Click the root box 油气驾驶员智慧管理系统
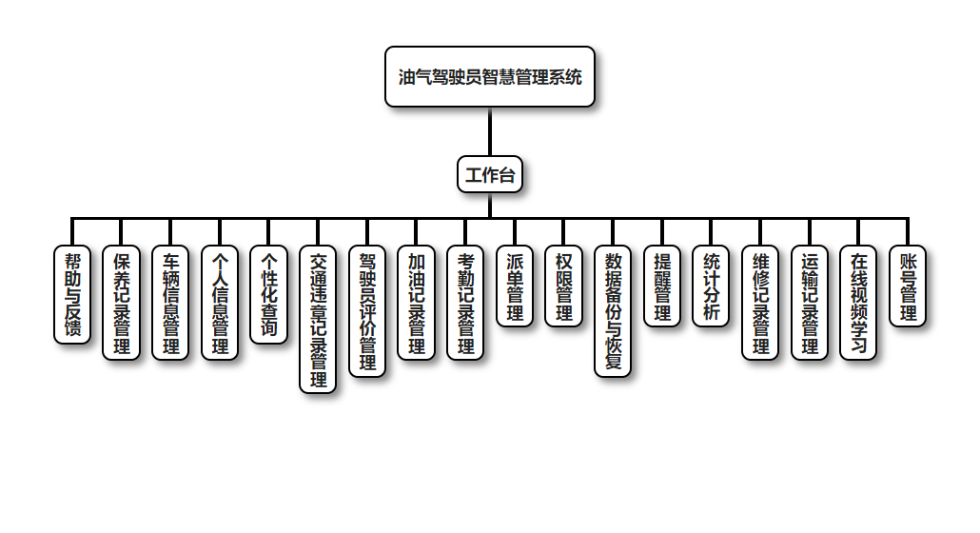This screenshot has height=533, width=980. (x=490, y=77)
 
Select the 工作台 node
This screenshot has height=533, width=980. (x=490, y=174)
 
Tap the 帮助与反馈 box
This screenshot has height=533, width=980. (x=72, y=294)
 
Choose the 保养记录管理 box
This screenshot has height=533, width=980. (x=122, y=302)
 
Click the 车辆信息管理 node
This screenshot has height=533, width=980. (x=171, y=302)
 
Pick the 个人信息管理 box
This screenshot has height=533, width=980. (x=220, y=302)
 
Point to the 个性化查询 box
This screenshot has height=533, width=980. (x=269, y=294)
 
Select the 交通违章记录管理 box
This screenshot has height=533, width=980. (x=318, y=319)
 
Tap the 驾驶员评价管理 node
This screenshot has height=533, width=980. (x=367, y=310)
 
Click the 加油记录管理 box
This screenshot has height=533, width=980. (x=417, y=302)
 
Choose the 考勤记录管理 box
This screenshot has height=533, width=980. (x=465, y=302)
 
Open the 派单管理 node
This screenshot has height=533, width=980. (x=515, y=286)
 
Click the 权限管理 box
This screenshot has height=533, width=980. (x=564, y=286)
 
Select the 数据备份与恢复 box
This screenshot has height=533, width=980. (x=613, y=310)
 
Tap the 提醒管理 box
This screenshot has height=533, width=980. (x=662, y=286)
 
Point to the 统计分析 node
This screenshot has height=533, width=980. (x=711, y=286)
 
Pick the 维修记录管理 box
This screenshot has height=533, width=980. (x=760, y=302)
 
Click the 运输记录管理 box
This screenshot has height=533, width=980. (x=810, y=302)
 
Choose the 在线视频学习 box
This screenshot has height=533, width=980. (x=858, y=302)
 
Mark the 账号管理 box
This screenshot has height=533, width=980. (x=908, y=286)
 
